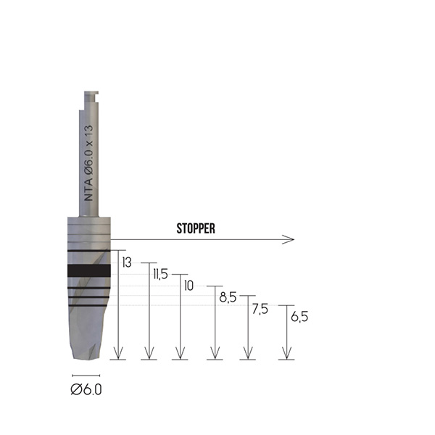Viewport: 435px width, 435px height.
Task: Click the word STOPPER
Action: [x=196, y=228]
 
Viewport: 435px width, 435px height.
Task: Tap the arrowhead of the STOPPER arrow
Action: [x=291, y=239]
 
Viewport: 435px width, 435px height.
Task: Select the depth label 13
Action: [x=127, y=262]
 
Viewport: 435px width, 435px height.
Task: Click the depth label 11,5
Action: [x=161, y=274]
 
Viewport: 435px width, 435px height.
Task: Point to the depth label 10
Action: [x=189, y=286]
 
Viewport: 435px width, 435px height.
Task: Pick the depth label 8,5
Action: [x=228, y=297]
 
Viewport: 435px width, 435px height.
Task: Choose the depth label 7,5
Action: [x=260, y=309]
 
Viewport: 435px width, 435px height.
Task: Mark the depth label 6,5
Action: [x=299, y=317]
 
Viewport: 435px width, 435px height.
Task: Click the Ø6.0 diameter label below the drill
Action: [x=86, y=389]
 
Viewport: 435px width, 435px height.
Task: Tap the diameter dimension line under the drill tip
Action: [x=86, y=376]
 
